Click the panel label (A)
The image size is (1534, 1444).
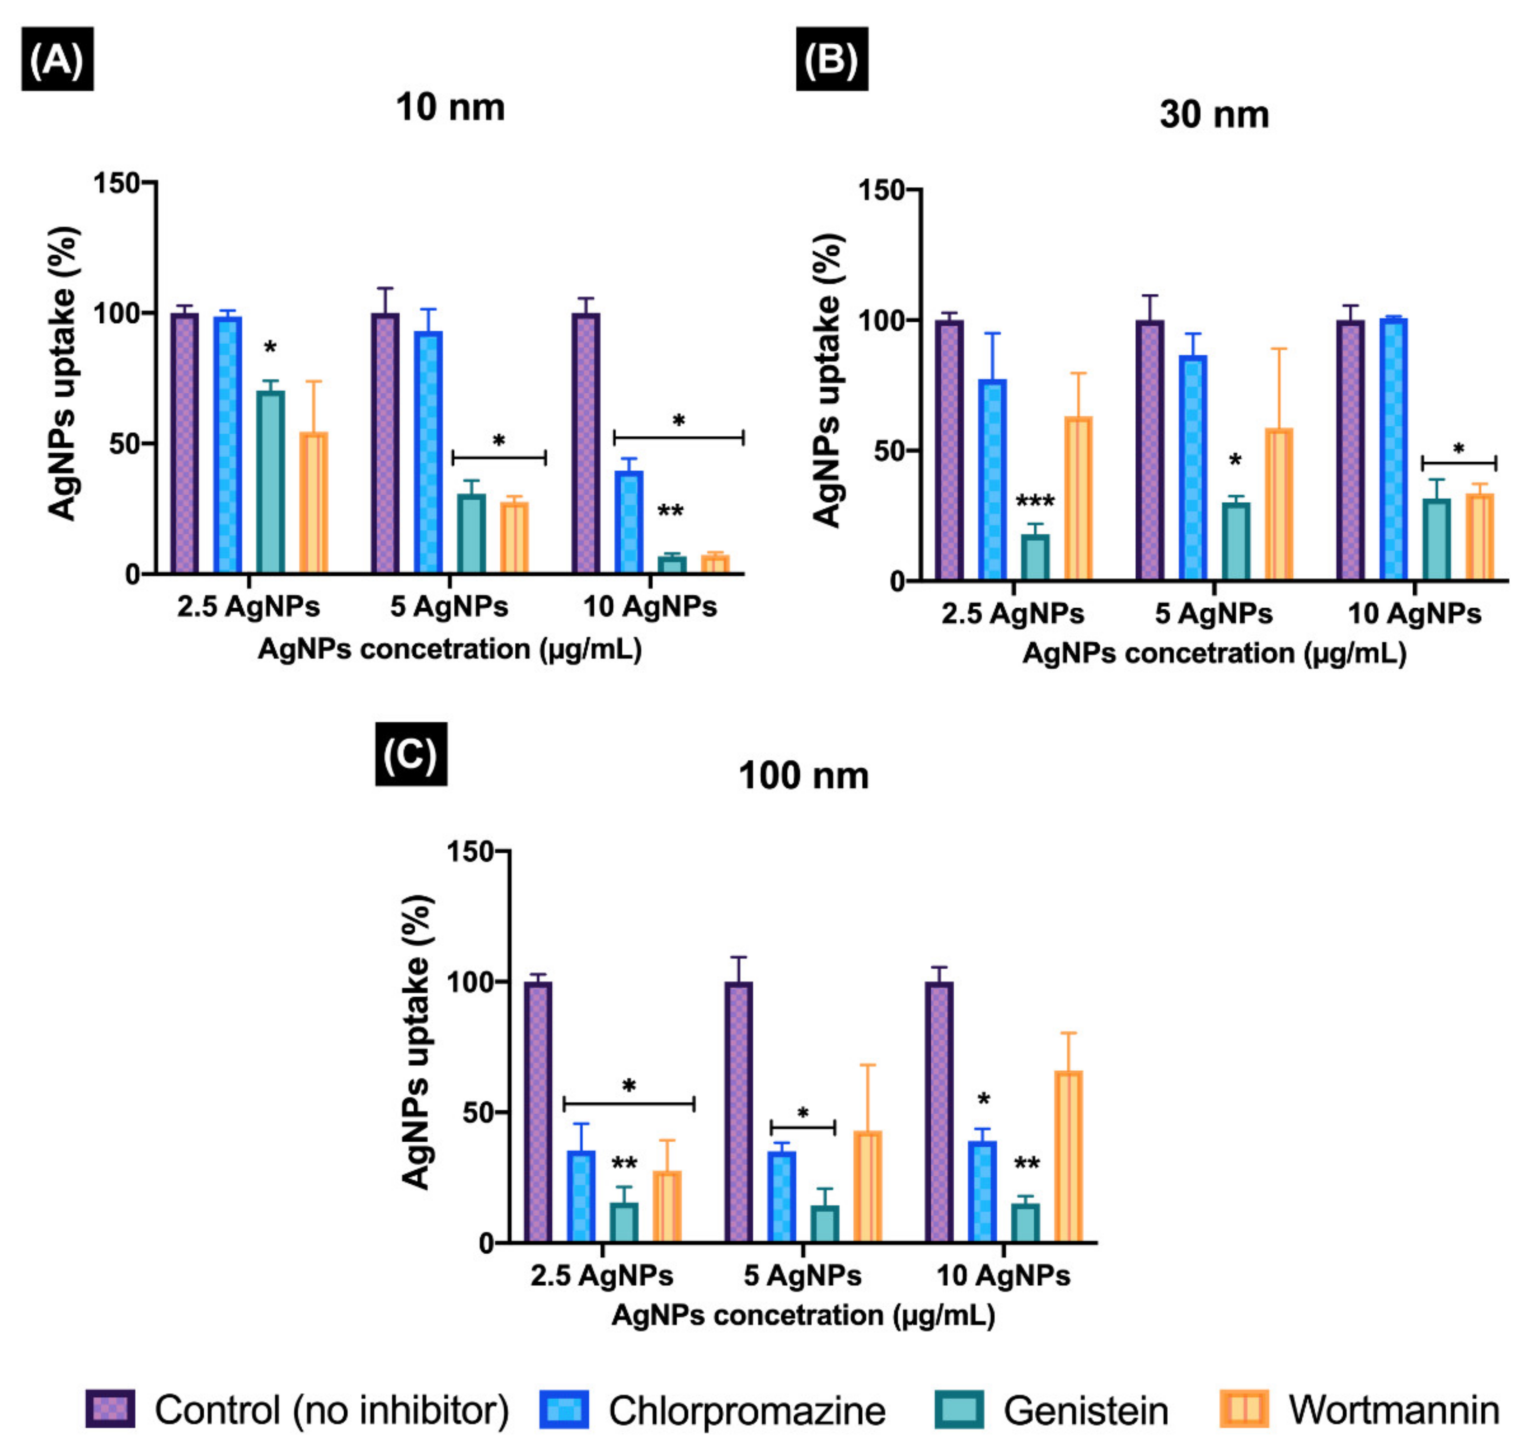57,59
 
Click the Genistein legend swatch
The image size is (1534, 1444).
959,1409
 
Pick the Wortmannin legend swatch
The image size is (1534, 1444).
1244,1409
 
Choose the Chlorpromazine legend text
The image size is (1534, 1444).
746,1411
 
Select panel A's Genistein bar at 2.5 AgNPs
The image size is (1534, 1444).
270,482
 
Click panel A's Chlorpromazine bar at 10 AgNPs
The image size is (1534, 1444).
629,522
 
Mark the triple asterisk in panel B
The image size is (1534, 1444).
1035,502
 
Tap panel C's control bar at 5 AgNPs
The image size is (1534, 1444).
738,1111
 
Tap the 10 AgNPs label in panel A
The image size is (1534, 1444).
650,607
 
